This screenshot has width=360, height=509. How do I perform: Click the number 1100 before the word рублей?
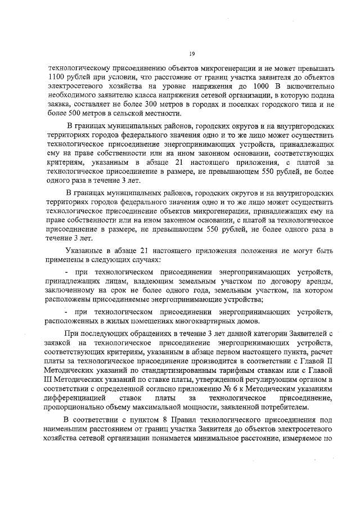pyautogui.click(x=57, y=76)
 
